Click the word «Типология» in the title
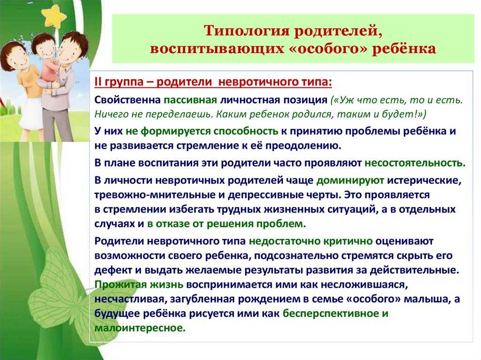[x=246, y=31]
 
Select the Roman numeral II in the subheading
[x=98, y=82]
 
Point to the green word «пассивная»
[x=190, y=100]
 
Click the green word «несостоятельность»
[x=415, y=163]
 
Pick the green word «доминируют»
[x=350, y=181]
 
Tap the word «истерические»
[x=424, y=181]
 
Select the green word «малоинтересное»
[x=140, y=328]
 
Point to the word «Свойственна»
[x=128, y=100]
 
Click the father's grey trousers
[x=54, y=125]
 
